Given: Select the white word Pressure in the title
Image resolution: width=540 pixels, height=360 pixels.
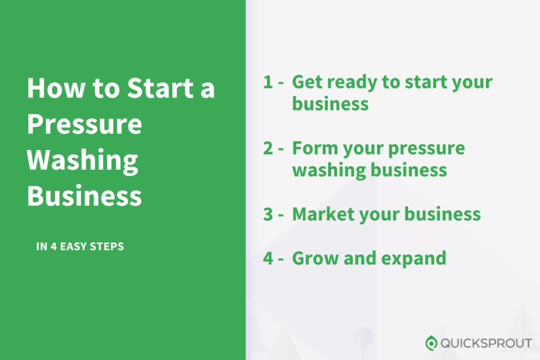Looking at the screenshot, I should click(x=84, y=125).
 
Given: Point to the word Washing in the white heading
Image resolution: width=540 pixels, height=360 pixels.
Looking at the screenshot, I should click(x=83, y=161).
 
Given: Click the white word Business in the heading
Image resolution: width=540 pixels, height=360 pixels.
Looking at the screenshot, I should click(x=84, y=196).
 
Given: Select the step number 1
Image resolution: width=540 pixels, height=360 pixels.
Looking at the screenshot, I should click(x=268, y=83).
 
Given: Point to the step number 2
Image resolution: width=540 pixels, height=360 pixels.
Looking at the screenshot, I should click(x=268, y=149).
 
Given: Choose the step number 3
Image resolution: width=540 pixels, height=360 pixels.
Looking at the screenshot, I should click(x=268, y=215).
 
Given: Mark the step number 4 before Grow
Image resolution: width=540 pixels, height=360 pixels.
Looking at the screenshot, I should click(x=268, y=258).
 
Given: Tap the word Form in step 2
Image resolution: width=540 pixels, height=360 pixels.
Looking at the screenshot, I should click(x=314, y=149).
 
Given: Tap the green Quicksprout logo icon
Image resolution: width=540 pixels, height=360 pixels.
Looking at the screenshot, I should click(x=431, y=343).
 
